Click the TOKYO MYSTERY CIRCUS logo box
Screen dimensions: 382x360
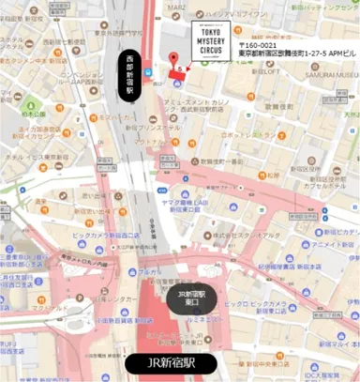pos(205,43)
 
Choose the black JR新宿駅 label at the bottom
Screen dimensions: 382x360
pos(170,363)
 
